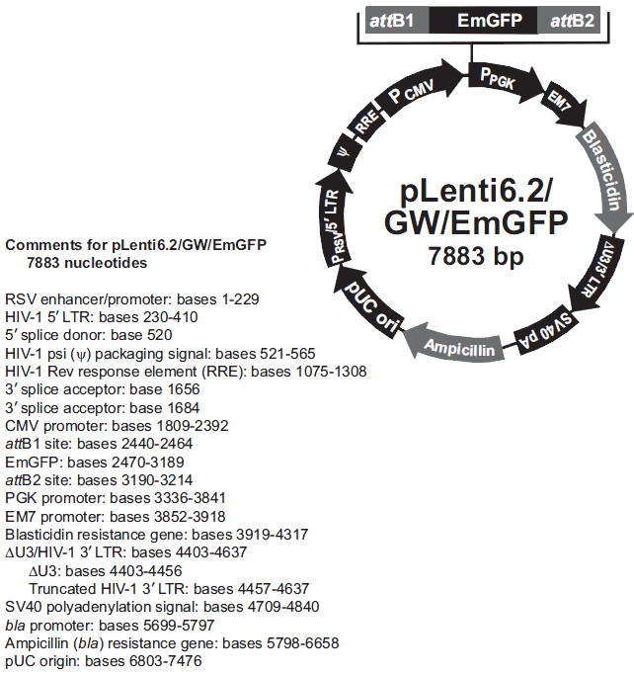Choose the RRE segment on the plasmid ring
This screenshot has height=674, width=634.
click(x=367, y=123)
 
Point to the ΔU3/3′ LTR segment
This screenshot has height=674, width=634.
click(x=609, y=263)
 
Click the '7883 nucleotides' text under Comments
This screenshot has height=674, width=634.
click(x=88, y=264)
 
